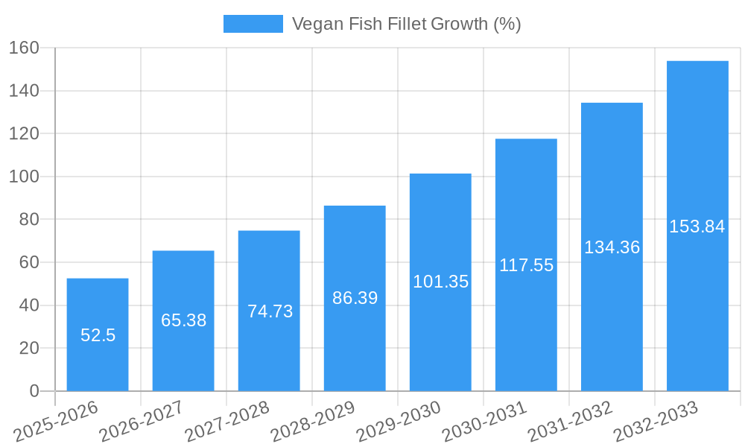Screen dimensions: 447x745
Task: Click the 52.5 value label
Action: pyautogui.click(x=98, y=335)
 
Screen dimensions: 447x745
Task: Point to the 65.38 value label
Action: pyautogui.click(x=183, y=320)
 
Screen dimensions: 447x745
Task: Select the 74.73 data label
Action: pyautogui.click(x=270, y=311)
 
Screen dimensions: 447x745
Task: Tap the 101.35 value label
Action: pyautogui.click(x=440, y=282)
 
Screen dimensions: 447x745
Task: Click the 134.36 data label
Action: pyautogui.click(x=612, y=247)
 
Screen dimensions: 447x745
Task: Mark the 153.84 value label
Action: pyautogui.click(x=697, y=226)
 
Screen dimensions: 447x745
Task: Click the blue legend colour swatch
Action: pyautogui.click(x=253, y=24)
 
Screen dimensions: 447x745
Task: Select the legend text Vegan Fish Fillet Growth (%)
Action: pyautogui.click(x=406, y=24)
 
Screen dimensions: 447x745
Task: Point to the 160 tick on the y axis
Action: pyautogui.click(x=25, y=48)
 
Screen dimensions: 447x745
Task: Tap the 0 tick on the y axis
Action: pyautogui.click(x=34, y=391)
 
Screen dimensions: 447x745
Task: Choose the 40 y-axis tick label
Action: pyautogui.click(x=29, y=305)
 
